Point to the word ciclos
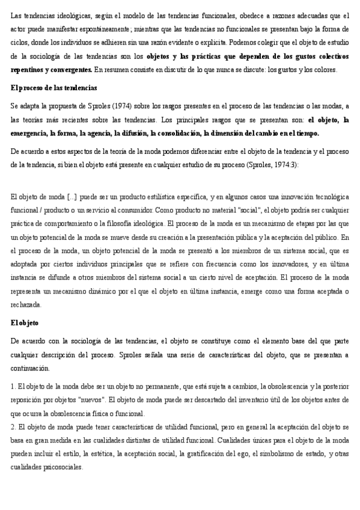[x=22, y=43]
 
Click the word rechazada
[x=28, y=305]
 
